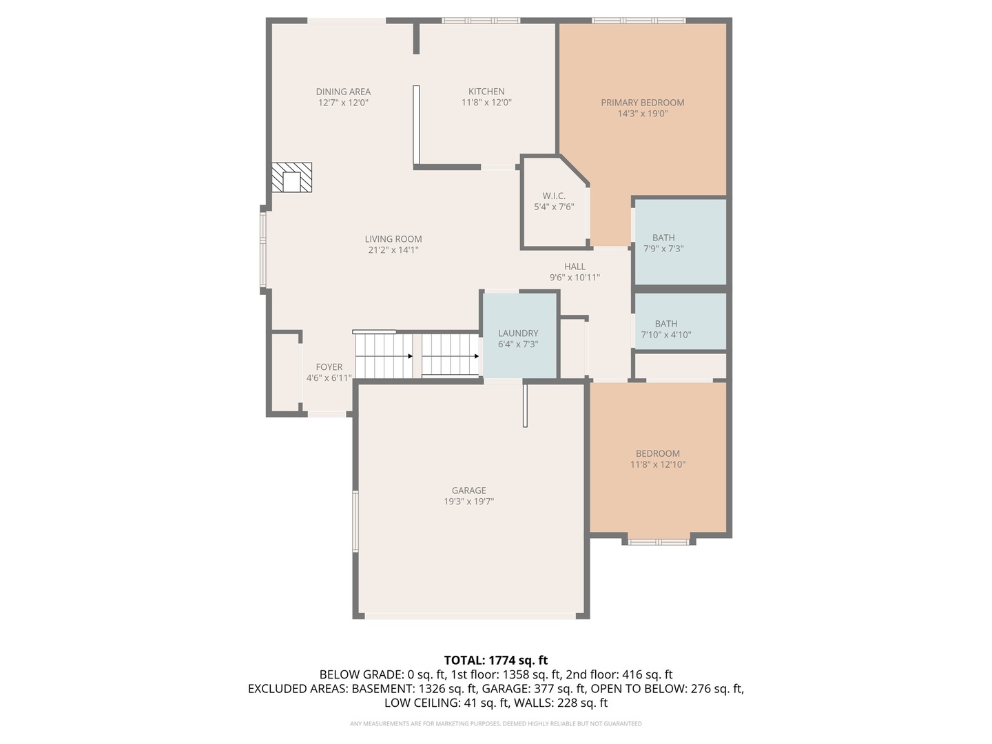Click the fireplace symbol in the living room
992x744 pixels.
point(291,177)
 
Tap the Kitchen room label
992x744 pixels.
point(486,92)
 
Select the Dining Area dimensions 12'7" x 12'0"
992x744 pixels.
point(343,103)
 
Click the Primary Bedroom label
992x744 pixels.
point(642,103)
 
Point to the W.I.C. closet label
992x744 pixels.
point(554,196)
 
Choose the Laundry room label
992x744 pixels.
point(518,333)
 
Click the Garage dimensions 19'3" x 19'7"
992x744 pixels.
point(468,502)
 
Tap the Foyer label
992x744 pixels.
point(329,367)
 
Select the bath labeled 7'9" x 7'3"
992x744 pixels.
point(663,243)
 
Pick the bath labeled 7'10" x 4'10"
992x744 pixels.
point(665,329)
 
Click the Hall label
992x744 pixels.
point(575,267)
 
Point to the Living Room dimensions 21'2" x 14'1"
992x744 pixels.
point(393,250)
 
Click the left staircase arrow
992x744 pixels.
point(410,356)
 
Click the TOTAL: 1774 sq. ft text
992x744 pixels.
point(495,661)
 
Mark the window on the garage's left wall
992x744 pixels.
point(355,521)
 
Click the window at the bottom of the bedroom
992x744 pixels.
point(659,541)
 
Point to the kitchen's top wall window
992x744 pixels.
point(481,21)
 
